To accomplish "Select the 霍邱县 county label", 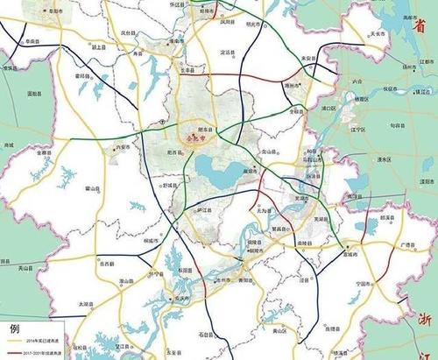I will coord(83,76).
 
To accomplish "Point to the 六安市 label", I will coord(122,148).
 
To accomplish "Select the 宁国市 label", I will coord(364,284).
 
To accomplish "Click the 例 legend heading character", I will coord(13,329).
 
